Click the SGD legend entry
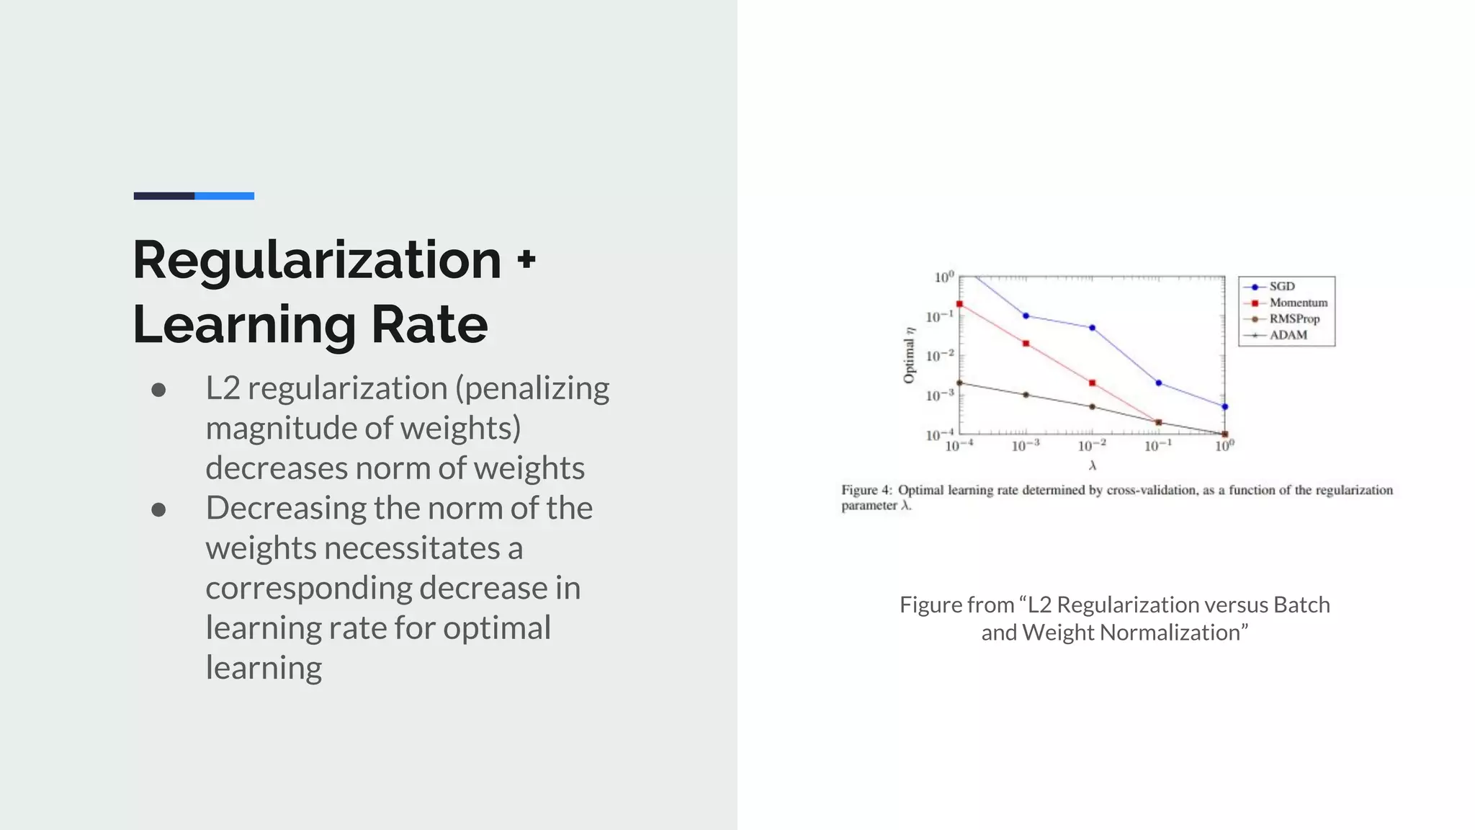pos(1281,287)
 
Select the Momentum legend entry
pos(1298,303)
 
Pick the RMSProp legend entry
pos(1294,318)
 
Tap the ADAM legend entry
pos(1288,335)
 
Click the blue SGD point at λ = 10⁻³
pos(1026,316)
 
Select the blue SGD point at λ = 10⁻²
pos(1093,328)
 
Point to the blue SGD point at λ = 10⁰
pos(1225,407)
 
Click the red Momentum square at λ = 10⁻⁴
pos(959,304)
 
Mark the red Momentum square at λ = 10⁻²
pos(1093,383)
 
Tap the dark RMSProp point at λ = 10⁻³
pos(1026,395)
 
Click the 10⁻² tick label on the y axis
pos(940,355)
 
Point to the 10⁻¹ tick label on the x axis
pos(1158,446)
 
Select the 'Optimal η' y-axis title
pos(909,355)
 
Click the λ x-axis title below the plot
pos(1093,465)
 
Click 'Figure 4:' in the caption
pos(866,490)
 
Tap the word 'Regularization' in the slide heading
pos(317,260)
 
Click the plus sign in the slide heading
pos(526,259)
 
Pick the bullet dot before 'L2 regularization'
pos(159,390)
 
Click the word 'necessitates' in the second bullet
pos(412,548)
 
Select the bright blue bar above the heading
pos(224,196)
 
